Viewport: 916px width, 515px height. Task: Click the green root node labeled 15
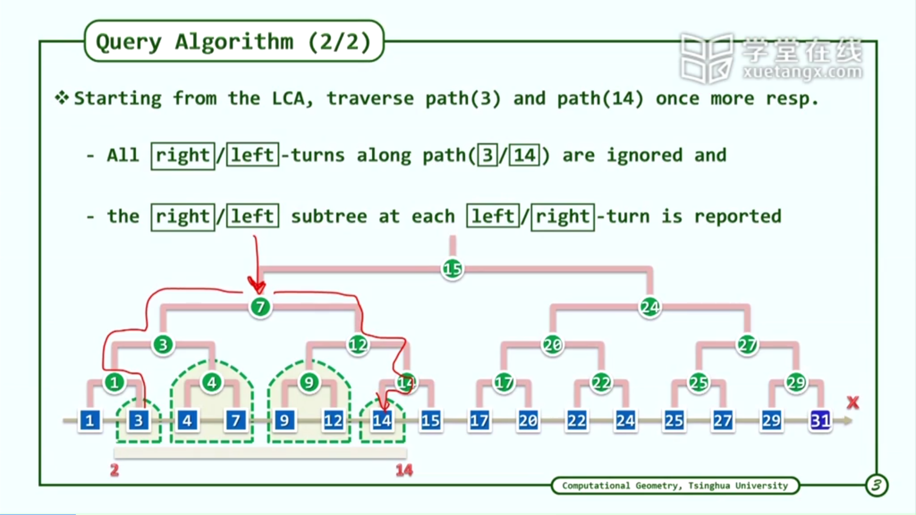(452, 269)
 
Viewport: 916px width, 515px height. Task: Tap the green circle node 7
(260, 307)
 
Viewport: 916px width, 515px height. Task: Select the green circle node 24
(650, 307)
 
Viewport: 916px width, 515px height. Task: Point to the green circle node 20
(552, 345)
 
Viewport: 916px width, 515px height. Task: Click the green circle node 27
(747, 345)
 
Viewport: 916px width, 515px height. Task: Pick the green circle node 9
(309, 383)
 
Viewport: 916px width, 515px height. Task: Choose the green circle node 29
(796, 383)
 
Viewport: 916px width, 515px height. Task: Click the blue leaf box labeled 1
(90, 420)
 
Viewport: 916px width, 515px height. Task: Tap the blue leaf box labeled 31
(820, 420)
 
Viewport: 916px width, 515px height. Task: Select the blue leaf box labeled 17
(479, 420)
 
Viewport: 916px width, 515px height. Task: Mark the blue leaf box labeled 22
(577, 420)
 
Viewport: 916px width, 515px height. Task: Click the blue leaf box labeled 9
(284, 420)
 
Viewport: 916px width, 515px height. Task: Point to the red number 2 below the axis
(114, 470)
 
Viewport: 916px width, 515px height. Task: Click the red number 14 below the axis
(404, 470)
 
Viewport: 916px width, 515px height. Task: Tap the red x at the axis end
(853, 403)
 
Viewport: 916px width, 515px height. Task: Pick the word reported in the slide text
(738, 216)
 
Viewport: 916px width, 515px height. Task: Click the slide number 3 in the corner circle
(877, 485)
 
